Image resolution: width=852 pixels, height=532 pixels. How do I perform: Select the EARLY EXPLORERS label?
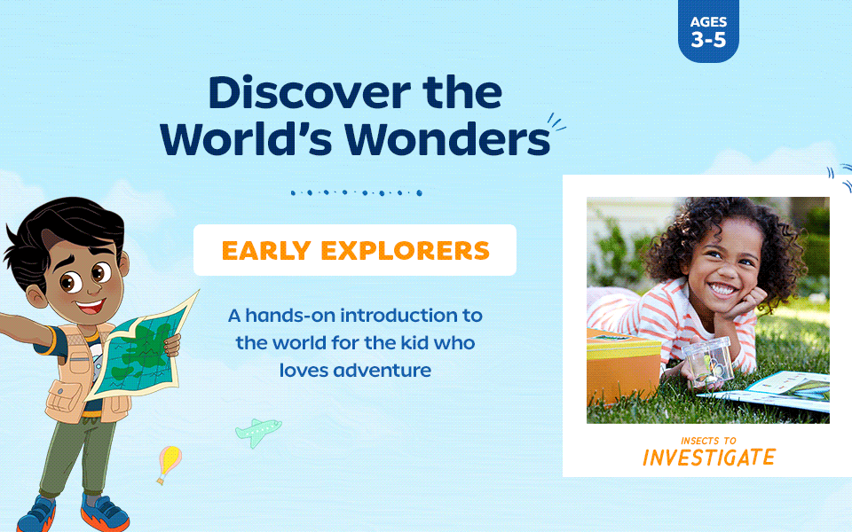coord(355,251)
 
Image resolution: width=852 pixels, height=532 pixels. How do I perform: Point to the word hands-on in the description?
coord(298,315)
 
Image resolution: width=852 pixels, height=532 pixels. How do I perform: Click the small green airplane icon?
coord(258,432)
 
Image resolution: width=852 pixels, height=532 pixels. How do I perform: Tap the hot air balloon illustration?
coord(169,461)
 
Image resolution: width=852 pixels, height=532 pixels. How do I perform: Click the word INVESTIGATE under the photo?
coord(708,458)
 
